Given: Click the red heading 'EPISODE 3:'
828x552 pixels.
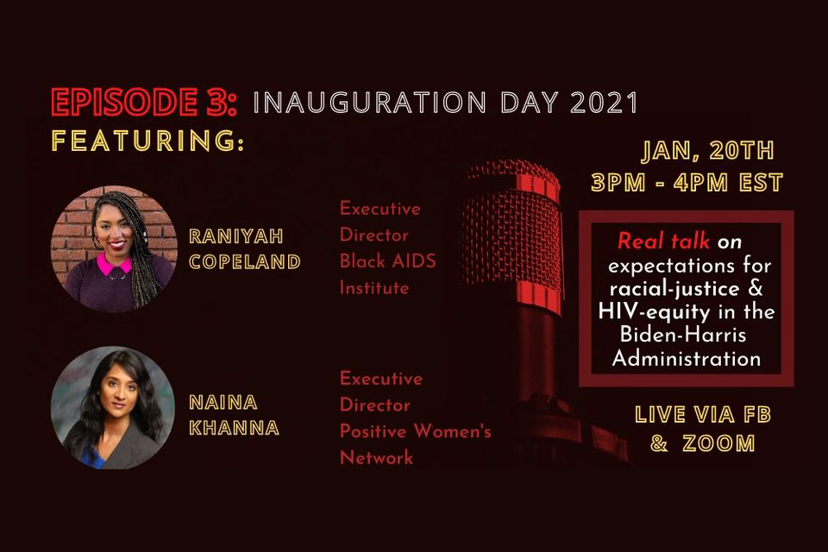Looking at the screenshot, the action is pos(144,102).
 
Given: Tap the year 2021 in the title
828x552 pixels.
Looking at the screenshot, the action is pos(604,103).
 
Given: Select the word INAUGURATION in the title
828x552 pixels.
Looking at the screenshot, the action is pos(370,103).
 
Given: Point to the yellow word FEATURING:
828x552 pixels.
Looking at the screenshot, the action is pos(147,141).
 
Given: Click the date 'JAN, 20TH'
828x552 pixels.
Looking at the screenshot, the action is pos(707,151).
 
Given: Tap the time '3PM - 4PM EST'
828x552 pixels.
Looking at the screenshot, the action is pos(687,183).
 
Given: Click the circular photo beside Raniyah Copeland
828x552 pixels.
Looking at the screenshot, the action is pos(114,248).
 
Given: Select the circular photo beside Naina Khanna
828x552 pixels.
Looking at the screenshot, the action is pos(113,408).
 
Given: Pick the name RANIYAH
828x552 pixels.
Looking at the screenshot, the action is pos(236,236).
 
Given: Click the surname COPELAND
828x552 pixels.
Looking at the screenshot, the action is pos(245,262).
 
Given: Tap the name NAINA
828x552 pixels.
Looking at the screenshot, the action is pos(223,403).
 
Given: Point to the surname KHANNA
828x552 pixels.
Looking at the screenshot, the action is pos(234,428).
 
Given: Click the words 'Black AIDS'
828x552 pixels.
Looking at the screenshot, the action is pos(388,261).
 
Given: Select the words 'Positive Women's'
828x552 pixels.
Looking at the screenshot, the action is pos(416,431).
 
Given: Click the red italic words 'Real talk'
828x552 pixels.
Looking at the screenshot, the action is pos(663,241).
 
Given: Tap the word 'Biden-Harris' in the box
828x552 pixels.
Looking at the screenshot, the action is pos(683,335).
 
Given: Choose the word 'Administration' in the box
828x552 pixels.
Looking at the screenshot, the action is pos(687,359).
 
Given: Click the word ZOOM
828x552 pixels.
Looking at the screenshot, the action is pos(718,443).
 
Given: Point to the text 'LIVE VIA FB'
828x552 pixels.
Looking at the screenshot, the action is pos(703,415).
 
